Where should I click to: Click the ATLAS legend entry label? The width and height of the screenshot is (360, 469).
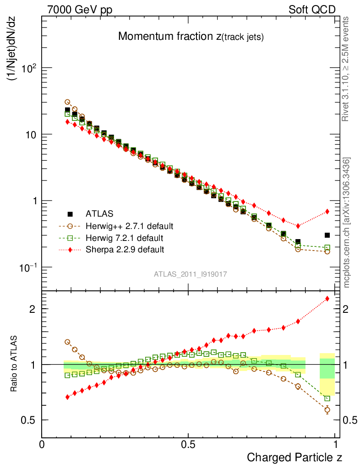(100, 213)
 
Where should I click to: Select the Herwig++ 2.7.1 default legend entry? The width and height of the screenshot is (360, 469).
(129, 226)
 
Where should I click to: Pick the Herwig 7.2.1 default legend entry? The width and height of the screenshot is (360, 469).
(125, 238)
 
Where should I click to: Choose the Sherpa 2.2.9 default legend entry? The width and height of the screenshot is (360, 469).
(125, 250)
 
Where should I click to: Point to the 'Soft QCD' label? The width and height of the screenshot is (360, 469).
(312, 9)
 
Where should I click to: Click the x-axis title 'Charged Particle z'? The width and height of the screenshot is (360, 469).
(295, 457)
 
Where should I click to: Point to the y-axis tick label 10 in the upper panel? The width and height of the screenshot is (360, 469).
(31, 135)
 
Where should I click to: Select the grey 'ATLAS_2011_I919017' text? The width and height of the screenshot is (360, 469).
(191, 274)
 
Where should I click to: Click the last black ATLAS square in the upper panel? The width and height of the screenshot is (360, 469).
(327, 235)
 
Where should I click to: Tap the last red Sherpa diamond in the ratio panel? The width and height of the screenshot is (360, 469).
(327, 299)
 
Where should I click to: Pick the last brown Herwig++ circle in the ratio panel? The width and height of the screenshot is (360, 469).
(327, 410)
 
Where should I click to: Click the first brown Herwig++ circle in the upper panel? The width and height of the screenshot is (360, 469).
(67, 102)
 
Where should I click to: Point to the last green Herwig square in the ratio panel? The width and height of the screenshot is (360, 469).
(327, 398)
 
